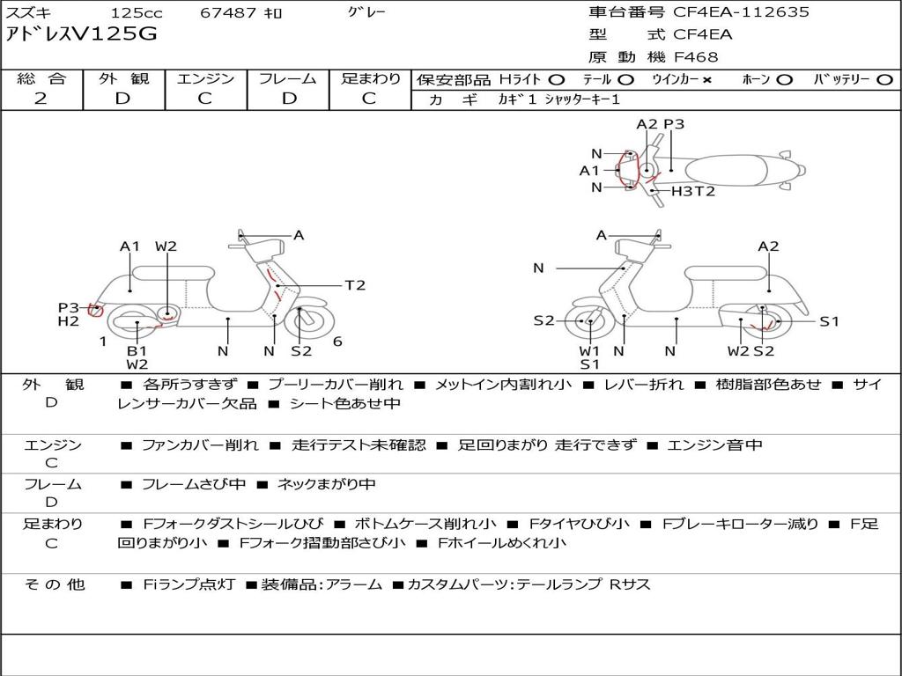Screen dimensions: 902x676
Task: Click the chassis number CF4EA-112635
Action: (741, 12)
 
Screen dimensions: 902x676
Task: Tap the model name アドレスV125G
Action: (81, 34)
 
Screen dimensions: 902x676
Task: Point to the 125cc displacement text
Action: (137, 12)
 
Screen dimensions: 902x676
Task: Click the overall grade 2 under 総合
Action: (41, 99)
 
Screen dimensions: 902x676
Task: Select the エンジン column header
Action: (205, 78)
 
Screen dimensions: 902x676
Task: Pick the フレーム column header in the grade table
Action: (288, 78)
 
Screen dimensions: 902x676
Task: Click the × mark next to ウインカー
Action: (707, 80)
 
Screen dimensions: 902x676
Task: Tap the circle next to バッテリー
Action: (884, 80)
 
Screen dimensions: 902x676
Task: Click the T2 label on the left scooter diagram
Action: (355, 285)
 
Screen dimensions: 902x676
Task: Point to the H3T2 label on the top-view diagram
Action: (693, 191)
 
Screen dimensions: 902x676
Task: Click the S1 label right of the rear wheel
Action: (829, 322)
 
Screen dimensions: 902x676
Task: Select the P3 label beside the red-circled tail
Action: (69, 308)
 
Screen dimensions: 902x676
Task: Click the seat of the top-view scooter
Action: (726, 171)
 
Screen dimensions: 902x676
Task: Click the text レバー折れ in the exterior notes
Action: (644, 385)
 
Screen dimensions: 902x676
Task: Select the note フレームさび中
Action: (194, 485)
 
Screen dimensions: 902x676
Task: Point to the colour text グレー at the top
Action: (366, 11)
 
